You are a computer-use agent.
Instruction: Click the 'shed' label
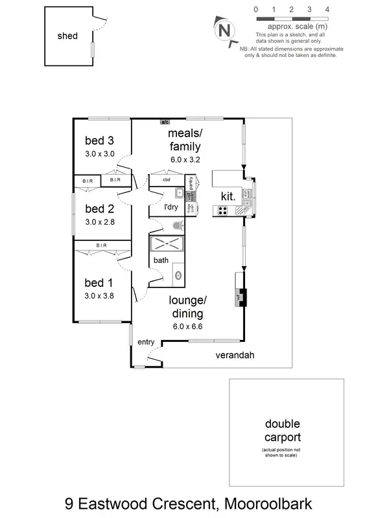67,36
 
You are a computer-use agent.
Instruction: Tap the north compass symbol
224,30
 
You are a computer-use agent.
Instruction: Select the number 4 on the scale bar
327,9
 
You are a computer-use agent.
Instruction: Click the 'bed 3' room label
100,141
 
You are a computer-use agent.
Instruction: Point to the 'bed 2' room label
100,208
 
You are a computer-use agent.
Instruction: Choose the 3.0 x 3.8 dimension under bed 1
100,295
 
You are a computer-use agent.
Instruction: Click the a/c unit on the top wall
165,121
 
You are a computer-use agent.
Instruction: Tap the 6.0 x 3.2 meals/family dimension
185,157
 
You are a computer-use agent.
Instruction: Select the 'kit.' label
227,195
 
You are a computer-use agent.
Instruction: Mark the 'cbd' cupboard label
166,179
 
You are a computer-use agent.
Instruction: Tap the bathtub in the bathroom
167,245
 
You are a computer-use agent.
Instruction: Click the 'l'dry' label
171,207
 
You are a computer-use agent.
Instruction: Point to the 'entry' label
146,342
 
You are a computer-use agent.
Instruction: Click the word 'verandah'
235,355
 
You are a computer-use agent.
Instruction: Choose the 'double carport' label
282,431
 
